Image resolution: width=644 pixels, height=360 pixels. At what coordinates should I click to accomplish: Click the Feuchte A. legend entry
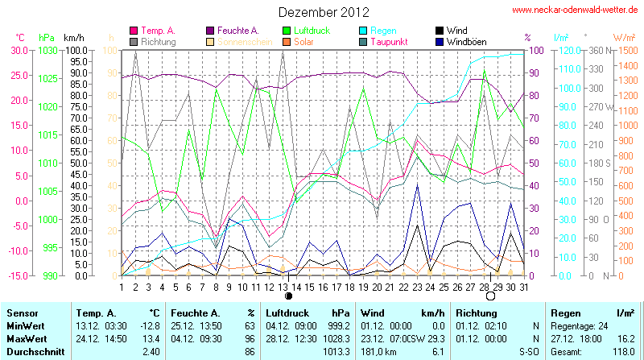239,31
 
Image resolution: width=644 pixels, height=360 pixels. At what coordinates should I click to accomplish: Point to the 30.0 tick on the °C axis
18,50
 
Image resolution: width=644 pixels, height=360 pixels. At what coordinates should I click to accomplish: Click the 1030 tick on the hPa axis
47,50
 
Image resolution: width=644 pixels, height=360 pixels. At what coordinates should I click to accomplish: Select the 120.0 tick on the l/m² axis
568,50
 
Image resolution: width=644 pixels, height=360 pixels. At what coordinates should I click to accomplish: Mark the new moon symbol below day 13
287,296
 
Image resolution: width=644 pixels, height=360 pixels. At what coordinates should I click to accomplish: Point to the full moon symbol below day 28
490,296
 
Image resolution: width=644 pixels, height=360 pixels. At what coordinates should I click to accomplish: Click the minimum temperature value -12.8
150,325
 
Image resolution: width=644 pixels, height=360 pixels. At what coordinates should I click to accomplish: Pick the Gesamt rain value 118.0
623,351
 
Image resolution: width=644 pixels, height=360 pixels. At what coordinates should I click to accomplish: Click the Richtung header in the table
477,312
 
